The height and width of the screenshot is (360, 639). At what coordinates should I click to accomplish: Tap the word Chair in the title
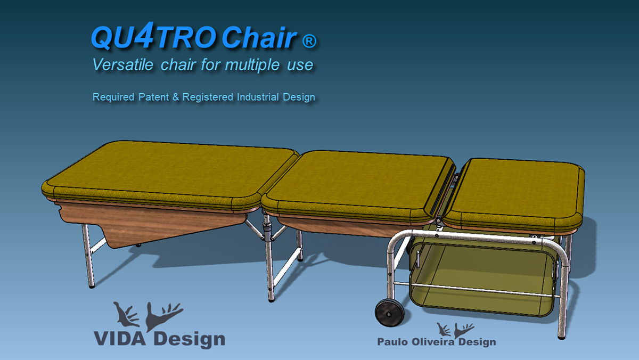point(259,37)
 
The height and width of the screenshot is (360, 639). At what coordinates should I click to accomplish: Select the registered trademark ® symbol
point(309,41)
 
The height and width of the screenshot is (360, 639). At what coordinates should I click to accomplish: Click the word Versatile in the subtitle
point(122,64)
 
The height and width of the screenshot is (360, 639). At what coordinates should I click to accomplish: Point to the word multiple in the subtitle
point(252,65)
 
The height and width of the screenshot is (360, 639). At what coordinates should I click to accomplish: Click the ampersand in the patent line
point(176,97)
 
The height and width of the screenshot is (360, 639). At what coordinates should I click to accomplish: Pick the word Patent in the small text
point(153,97)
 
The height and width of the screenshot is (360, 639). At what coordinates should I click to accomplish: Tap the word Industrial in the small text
point(258,97)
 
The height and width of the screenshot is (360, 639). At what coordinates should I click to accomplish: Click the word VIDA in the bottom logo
point(120,339)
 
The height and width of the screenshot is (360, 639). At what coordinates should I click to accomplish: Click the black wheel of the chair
point(390,313)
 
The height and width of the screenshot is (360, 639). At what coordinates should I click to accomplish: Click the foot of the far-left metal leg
point(92,285)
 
